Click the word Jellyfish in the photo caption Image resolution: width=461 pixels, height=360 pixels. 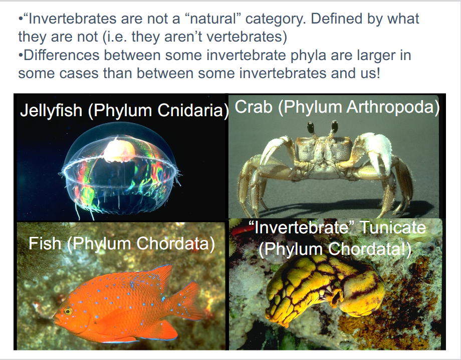(x=51, y=111)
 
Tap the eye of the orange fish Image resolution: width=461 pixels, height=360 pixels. (x=68, y=311)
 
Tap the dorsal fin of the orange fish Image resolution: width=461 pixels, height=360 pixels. (x=145, y=277)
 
